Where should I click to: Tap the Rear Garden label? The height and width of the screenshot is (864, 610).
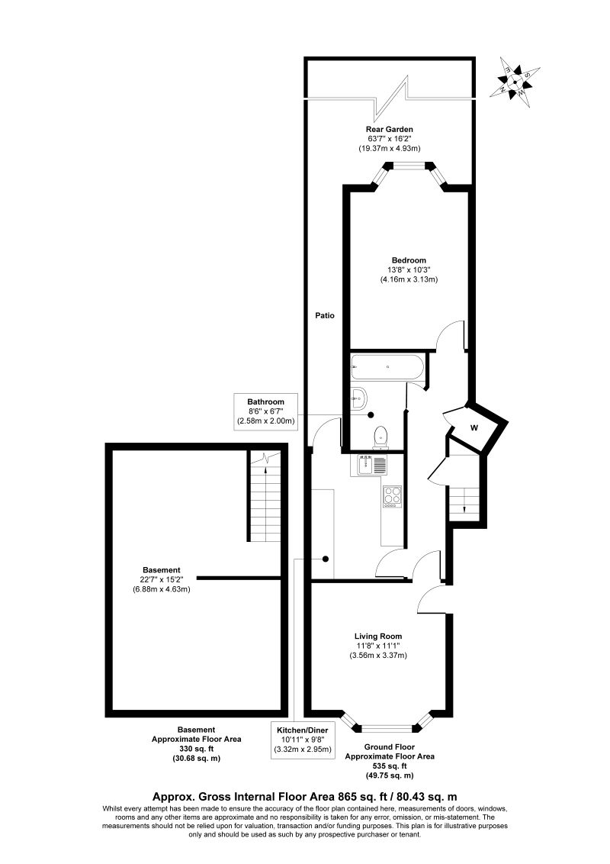coord(390,129)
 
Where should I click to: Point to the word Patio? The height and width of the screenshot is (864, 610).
coord(326,314)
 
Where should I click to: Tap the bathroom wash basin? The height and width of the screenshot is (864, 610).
coord(359,397)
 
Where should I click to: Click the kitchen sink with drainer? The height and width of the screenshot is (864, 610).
coord(371,463)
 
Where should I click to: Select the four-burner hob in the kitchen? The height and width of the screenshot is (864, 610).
coord(392,496)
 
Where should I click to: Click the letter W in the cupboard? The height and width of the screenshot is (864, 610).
coord(474,428)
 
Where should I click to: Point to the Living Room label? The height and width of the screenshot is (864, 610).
coord(378,636)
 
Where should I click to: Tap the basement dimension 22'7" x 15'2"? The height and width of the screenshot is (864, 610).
coord(162,579)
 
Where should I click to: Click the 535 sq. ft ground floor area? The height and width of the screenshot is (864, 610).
coord(390,766)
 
